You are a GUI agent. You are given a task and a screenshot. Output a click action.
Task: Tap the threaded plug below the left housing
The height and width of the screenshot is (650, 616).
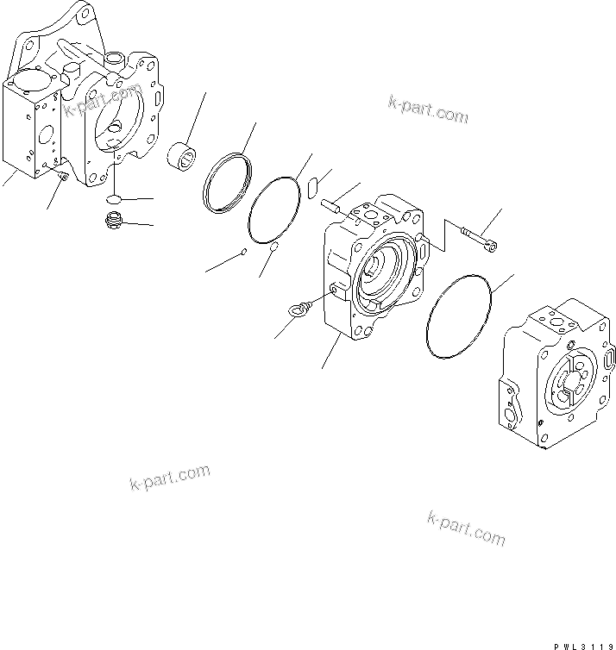point(112,221)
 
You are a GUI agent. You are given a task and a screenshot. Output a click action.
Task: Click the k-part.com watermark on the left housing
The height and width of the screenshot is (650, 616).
point(101,101)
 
